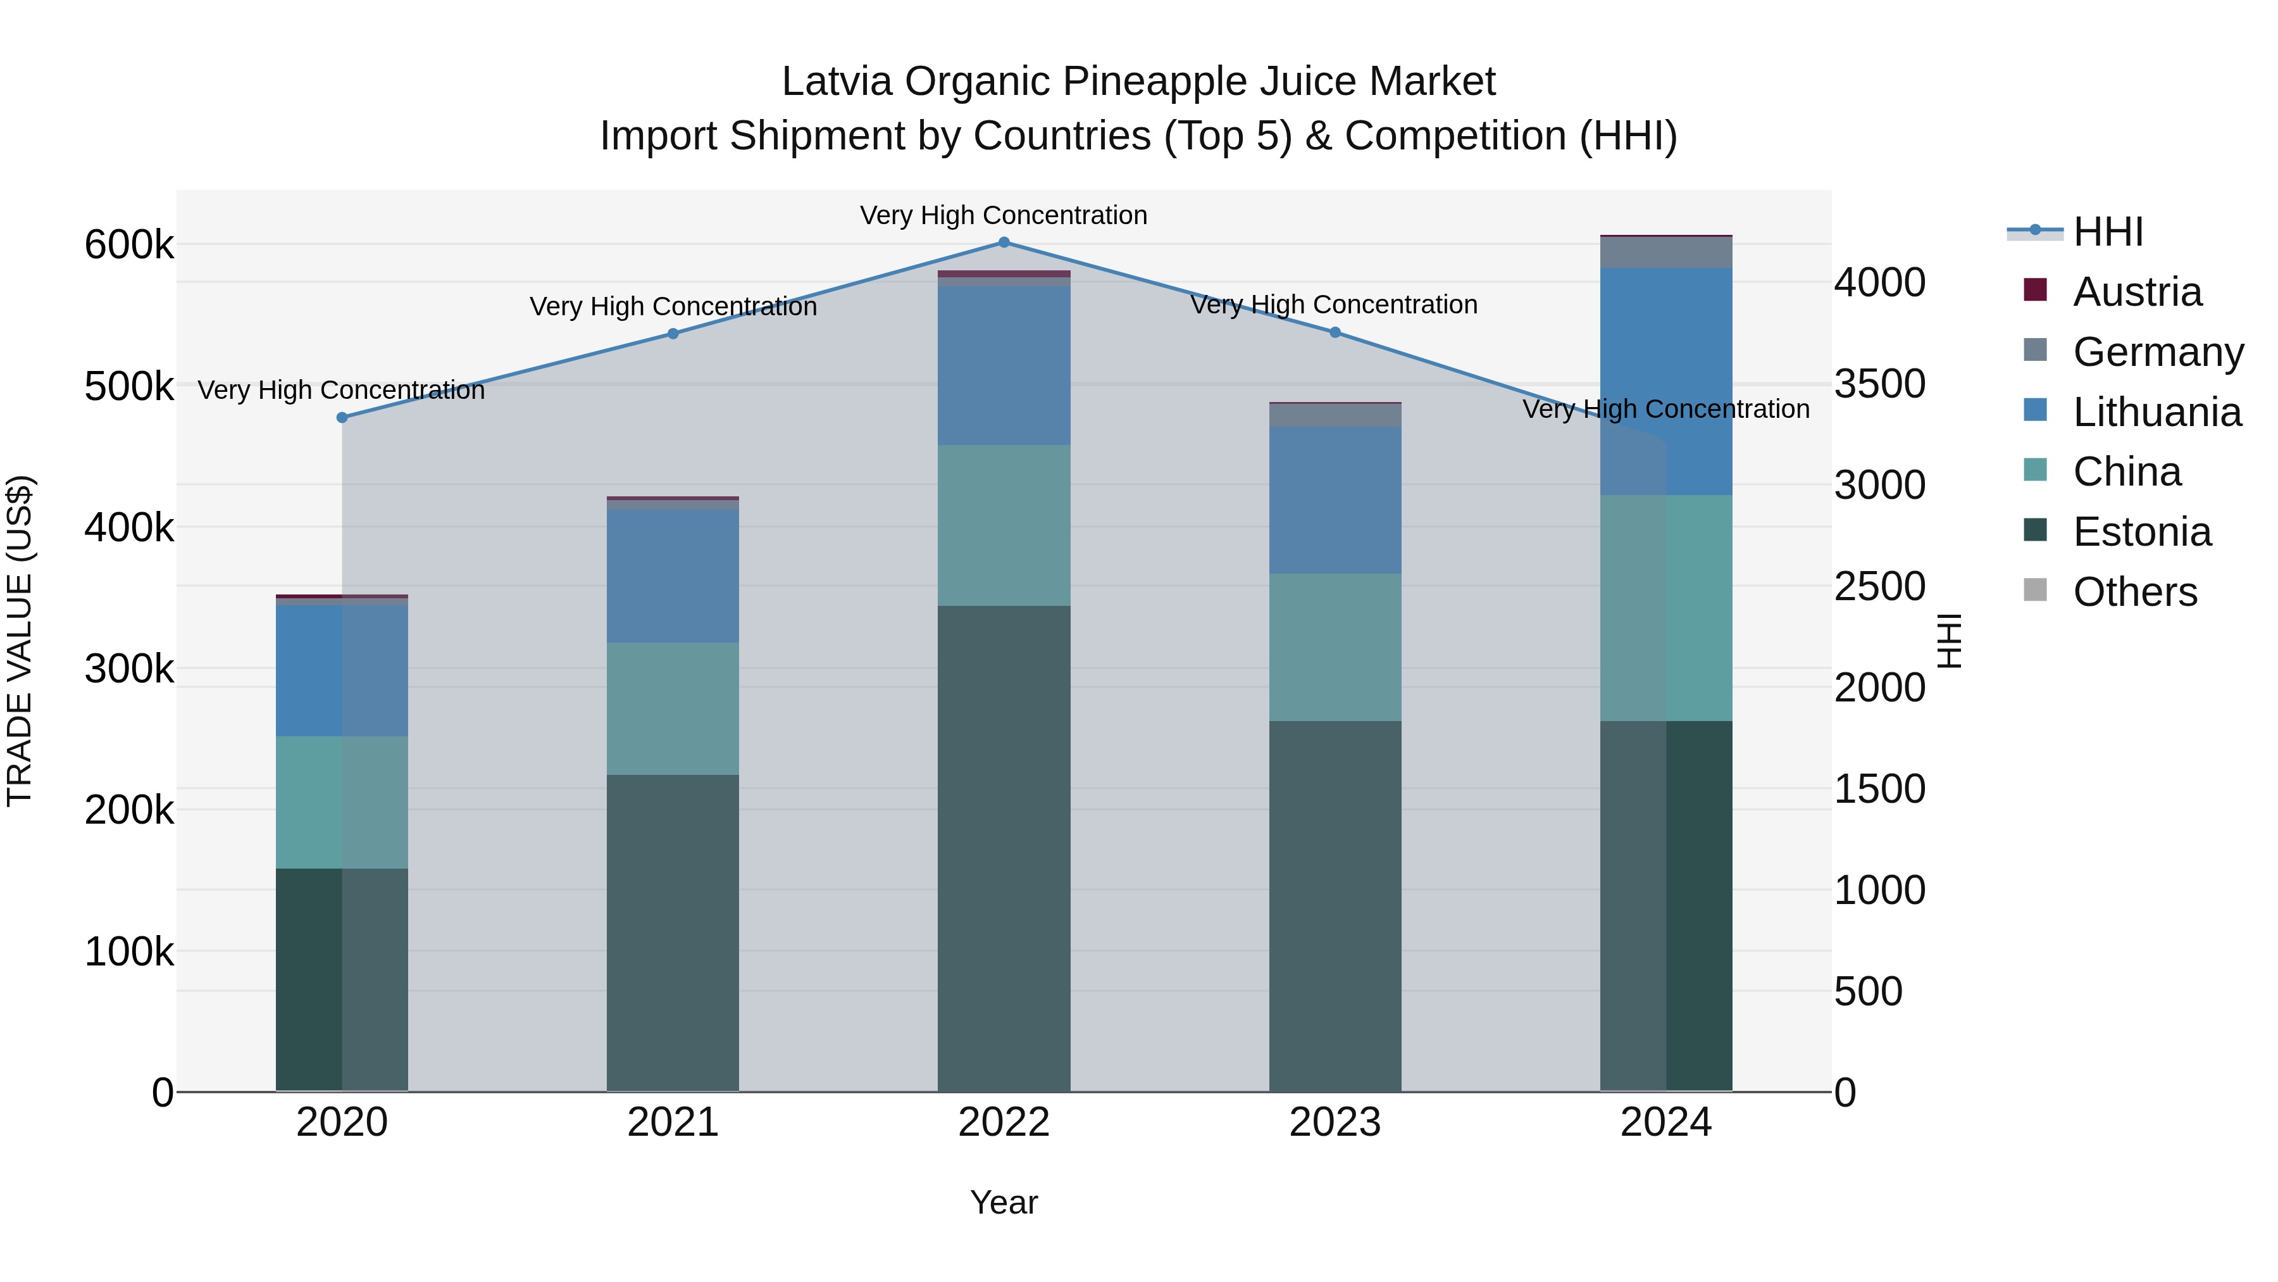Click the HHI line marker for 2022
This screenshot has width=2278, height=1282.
(x=1004, y=242)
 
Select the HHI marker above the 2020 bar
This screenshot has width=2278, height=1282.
(x=342, y=418)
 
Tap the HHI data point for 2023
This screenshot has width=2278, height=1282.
(x=1335, y=332)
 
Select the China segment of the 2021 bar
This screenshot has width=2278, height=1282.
(x=673, y=708)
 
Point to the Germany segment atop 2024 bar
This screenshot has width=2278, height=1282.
(x=1666, y=252)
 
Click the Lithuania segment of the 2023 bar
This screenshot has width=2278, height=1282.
(x=1335, y=500)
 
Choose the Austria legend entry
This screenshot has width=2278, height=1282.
(x=2136, y=292)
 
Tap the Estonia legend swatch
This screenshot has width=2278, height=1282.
(x=2036, y=531)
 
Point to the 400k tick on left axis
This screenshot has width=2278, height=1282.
(x=129, y=528)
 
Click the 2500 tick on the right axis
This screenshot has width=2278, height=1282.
(x=1879, y=587)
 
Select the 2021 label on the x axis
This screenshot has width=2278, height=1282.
(x=673, y=1122)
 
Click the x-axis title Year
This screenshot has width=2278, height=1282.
(x=1004, y=1202)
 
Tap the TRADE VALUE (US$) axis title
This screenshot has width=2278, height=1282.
(x=20, y=641)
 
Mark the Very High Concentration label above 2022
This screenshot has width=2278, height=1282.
(x=1004, y=215)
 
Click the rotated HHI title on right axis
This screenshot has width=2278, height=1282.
(x=1948, y=641)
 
